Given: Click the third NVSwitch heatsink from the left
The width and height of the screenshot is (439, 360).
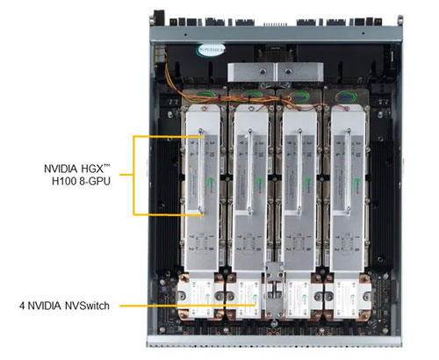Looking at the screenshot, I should (x=303, y=302).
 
